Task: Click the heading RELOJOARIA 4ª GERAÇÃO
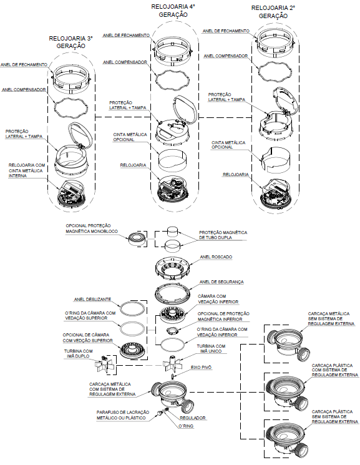click(x=173, y=11)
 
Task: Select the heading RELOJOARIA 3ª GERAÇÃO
click(x=71, y=42)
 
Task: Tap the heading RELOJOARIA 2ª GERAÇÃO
click(x=273, y=12)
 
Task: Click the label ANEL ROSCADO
click(x=216, y=257)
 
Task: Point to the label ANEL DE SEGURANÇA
click(x=221, y=281)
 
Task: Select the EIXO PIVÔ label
click(x=201, y=367)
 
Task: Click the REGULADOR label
click(x=192, y=418)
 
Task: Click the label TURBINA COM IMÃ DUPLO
click(x=78, y=353)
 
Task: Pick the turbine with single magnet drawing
click(x=172, y=364)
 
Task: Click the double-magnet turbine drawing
click(x=104, y=365)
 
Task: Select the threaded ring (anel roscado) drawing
click(x=172, y=268)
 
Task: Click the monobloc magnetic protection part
click(x=137, y=238)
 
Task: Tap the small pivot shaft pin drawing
click(x=172, y=376)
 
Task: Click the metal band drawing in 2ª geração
click(x=276, y=160)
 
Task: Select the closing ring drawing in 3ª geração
click(x=71, y=78)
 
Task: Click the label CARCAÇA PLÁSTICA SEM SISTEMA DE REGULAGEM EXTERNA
click(x=335, y=417)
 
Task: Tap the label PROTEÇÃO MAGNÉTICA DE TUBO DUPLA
click(x=223, y=235)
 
